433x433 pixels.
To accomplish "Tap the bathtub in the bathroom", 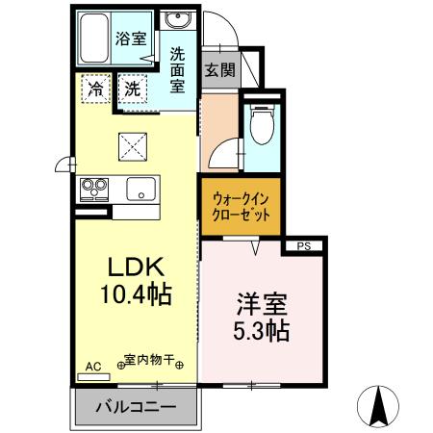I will click(x=94, y=38).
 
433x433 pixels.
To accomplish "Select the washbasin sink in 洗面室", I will click(x=177, y=22).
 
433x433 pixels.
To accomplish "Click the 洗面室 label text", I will click(x=178, y=69).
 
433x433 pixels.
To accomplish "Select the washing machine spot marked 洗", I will click(x=136, y=88).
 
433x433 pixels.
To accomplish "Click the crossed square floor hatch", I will click(x=132, y=146).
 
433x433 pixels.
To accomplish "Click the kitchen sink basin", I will click(x=141, y=190).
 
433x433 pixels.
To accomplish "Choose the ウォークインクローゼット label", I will click(x=242, y=204).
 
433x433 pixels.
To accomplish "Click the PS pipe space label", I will click(x=304, y=246).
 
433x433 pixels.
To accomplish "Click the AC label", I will click(x=93, y=367).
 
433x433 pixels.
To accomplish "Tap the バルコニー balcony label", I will click(x=135, y=408).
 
